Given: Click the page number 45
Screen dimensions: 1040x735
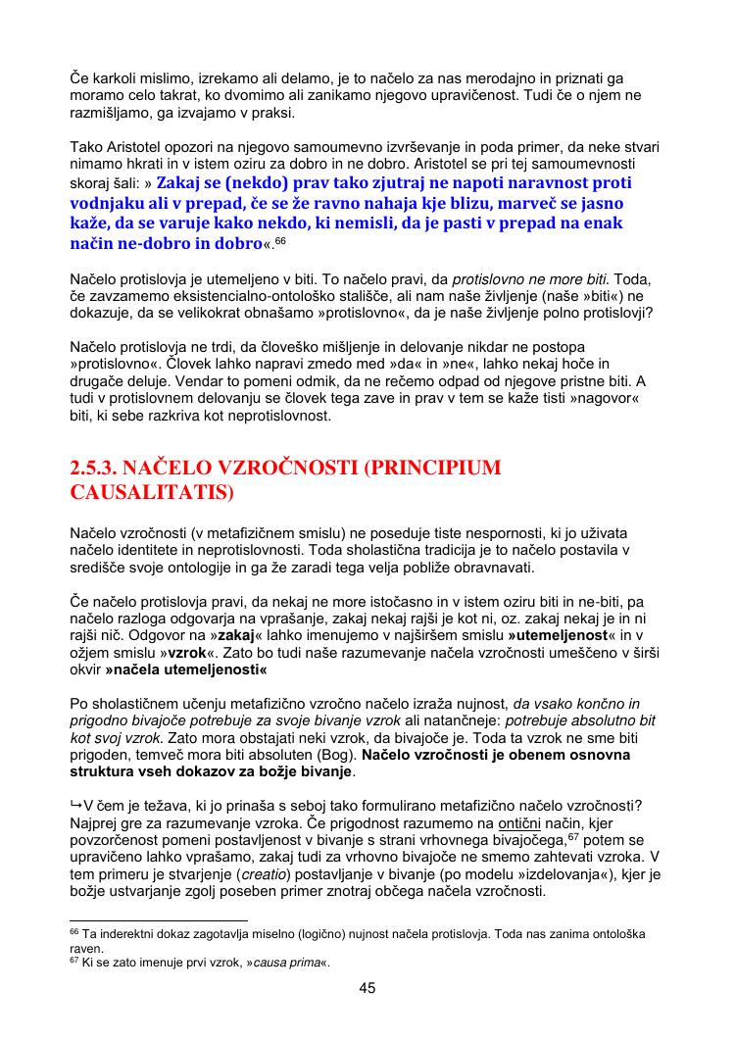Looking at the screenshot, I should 367,988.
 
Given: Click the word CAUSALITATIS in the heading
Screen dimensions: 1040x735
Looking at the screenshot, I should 153,492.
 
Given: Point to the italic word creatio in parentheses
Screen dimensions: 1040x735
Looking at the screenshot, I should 301,872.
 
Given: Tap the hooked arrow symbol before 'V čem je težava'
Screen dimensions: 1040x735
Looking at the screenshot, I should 76,805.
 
